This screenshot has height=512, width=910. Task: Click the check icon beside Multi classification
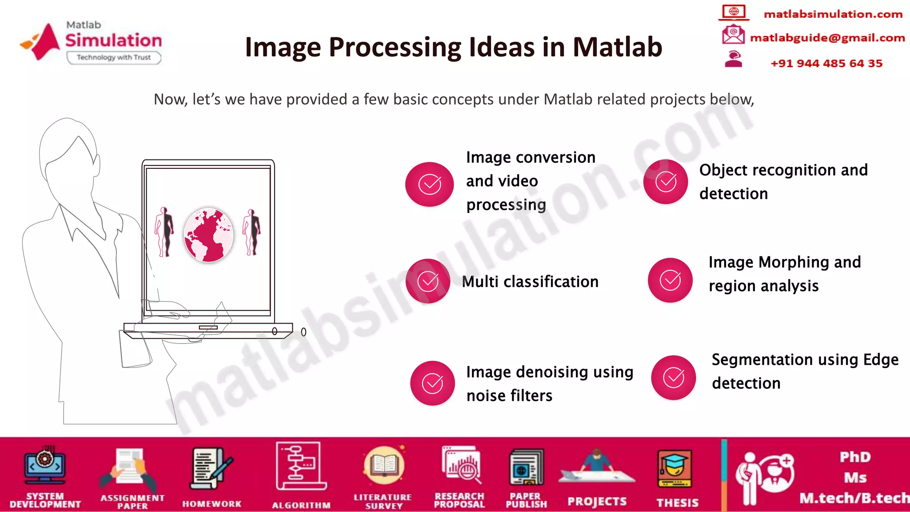[428, 281]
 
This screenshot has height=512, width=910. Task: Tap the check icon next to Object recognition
[666, 182]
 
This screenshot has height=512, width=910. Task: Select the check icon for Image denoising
[432, 383]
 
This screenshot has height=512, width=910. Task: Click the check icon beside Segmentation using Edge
[674, 378]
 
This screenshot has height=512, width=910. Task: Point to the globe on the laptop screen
[208, 235]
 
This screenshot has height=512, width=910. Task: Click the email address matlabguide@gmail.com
[827, 38]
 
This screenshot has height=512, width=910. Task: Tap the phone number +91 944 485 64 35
[826, 64]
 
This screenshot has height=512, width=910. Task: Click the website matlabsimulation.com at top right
[833, 14]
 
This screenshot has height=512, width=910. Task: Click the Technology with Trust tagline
[114, 57]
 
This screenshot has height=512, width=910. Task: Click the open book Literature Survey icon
[383, 466]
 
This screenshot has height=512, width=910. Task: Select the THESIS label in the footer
[677, 503]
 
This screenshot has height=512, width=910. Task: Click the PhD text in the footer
[855, 457]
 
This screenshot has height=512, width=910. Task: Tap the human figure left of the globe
[164, 232]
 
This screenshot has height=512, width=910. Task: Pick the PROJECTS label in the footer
[597, 502]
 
